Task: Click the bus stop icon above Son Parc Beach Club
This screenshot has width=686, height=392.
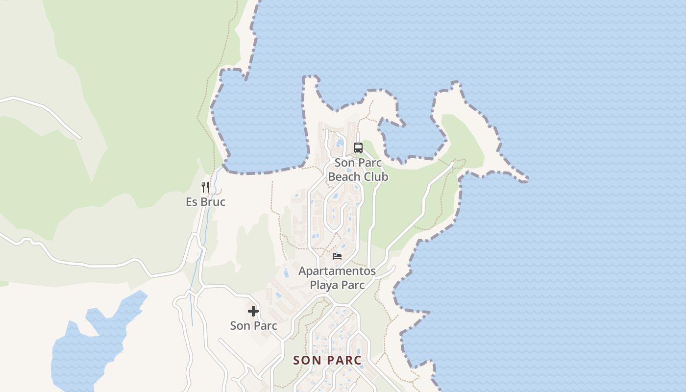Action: click(358, 147)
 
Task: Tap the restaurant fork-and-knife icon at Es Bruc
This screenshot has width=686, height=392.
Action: click(205, 187)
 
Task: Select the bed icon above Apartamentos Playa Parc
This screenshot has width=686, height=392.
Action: click(337, 256)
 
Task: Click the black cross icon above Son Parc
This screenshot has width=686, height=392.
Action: click(253, 311)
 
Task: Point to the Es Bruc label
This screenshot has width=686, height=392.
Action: click(205, 201)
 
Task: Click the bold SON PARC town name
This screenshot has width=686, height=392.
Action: click(327, 360)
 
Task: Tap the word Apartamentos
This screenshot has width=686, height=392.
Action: click(337, 271)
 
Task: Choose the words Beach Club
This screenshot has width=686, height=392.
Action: click(358, 177)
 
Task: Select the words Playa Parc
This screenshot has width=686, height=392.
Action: click(337, 285)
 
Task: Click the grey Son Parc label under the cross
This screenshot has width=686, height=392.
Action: click(253, 325)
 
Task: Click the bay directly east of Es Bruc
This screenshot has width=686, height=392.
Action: click(260, 127)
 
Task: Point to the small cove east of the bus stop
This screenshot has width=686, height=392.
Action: click(412, 140)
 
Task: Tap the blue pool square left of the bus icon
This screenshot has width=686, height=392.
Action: click(340, 143)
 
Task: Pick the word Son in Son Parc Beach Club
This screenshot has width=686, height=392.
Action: click(344, 163)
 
